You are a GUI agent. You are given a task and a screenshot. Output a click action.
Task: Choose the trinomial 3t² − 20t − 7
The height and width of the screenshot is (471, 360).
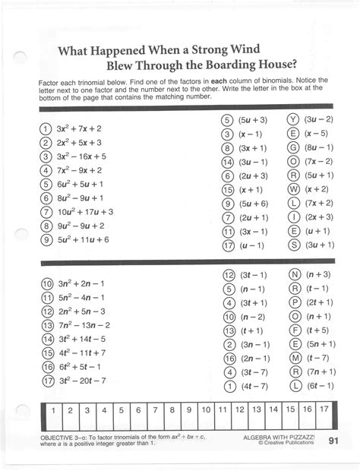click(x=84, y=380)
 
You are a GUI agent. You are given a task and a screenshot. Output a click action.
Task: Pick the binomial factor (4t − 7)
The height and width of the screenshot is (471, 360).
click(x=254, y=386)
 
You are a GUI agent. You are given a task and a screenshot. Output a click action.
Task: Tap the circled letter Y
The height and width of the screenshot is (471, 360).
click(x=292, y=120)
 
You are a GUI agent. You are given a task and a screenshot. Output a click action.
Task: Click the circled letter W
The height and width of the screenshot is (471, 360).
click(x=292, y=189)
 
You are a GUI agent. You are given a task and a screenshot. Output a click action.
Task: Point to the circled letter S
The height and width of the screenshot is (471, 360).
click(x=292, y=245)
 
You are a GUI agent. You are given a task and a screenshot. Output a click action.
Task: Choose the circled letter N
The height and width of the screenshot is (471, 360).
click(x=293, y=275)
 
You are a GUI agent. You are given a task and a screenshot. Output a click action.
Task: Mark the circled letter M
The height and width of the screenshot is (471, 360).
click(x=293, y=358)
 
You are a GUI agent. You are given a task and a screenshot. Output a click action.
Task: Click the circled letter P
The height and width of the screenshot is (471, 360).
click(x=293, y=302)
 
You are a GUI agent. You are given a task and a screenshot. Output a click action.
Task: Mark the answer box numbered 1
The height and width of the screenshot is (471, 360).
click(x=52, y=410)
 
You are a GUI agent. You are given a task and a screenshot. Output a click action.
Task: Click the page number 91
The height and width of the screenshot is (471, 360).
click(x=334, y=441)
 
